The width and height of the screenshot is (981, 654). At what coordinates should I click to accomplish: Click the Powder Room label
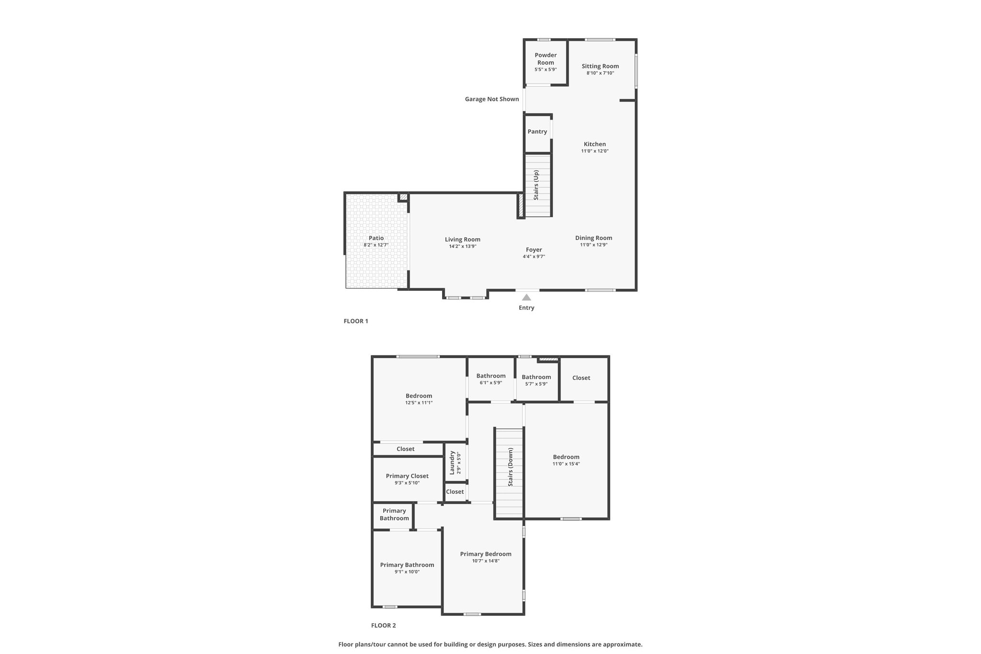[546, 59]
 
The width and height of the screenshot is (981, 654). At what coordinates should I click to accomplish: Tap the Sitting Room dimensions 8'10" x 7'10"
[600, 73]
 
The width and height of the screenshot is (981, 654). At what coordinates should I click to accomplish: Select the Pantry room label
[537, 132]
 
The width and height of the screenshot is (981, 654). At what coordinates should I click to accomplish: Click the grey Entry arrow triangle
[526, 297]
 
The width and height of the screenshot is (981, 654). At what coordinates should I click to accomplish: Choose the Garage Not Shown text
[492, 99]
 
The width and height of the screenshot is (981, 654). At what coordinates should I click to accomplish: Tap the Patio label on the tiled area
[376, 238]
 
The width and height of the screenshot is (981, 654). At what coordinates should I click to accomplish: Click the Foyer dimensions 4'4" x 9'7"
[534, 257]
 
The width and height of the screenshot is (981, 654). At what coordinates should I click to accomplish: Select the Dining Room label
[593, 238]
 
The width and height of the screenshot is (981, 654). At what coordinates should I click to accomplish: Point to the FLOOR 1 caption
[356, 321]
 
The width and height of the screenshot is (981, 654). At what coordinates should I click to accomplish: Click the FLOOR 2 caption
[384, 625]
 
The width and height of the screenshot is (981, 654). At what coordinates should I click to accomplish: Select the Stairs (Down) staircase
[509, 473]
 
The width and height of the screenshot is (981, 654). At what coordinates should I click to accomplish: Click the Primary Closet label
[407, 476]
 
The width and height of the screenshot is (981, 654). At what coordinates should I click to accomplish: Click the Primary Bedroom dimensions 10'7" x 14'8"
[486, 561]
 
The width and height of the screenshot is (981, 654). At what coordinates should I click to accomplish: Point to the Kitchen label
[595, 144]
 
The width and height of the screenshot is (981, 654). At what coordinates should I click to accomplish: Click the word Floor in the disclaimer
[346, 644]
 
